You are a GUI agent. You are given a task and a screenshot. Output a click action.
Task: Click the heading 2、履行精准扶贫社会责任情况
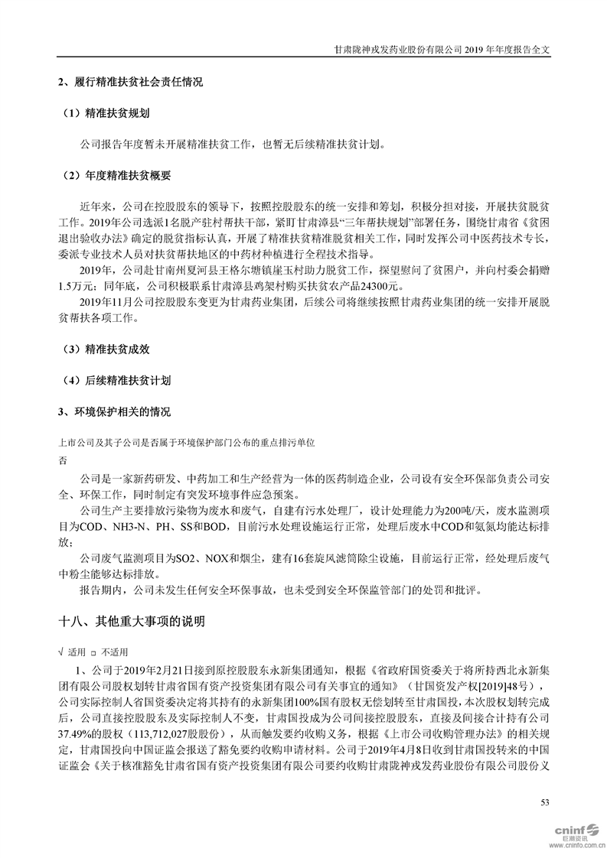[130, 82]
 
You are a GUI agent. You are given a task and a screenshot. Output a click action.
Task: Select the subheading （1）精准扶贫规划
[106, 112]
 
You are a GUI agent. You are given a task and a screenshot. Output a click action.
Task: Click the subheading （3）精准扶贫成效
[106, 349]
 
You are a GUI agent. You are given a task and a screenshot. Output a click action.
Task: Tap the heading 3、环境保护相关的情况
[115, 411]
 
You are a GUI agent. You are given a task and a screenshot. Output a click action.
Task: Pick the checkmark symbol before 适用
[60, 652]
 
